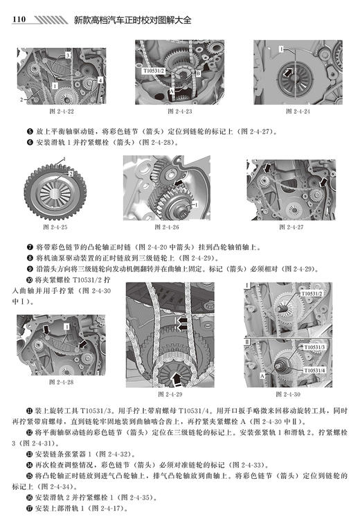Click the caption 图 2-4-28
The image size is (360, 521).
(x=62, y=380)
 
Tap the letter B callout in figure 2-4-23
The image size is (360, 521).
(x=198, y=71)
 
